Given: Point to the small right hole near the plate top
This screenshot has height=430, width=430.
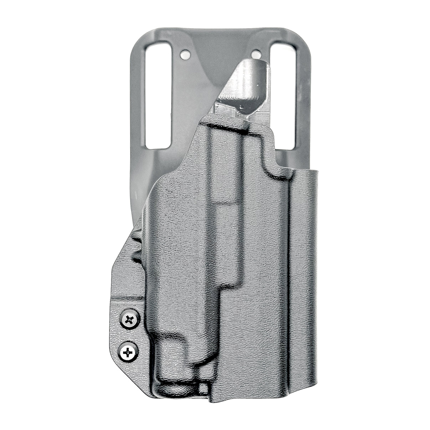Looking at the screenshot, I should click(256, 55).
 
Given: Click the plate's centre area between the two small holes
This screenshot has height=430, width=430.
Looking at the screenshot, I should click(220, 53).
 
